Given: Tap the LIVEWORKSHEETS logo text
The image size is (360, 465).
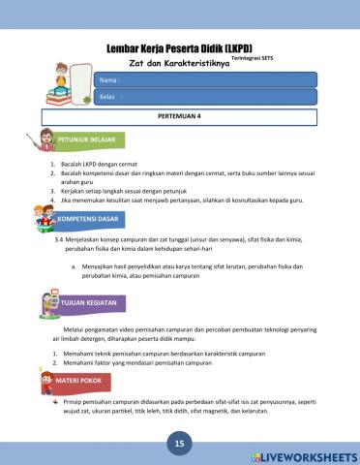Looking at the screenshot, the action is [x=305, y=455].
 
